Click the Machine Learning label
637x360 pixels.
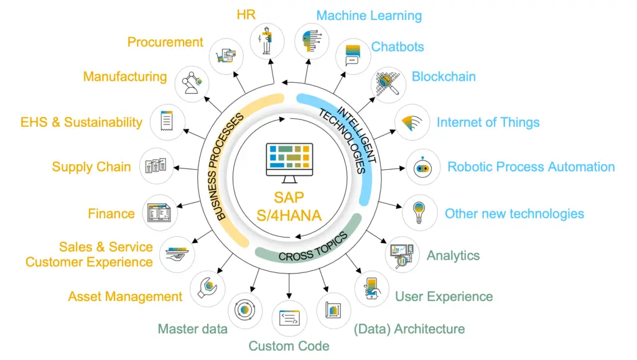369,16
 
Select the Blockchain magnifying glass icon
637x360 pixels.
389,86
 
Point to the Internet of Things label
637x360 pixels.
488,122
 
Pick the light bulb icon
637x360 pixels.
421,213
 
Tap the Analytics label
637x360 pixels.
453,256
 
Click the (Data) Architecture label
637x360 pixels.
409,329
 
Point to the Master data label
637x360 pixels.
192,329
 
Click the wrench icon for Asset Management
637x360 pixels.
207,287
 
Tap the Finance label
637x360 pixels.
111,214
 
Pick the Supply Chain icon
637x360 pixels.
156,166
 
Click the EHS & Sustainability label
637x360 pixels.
81,122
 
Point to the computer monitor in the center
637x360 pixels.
289,162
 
